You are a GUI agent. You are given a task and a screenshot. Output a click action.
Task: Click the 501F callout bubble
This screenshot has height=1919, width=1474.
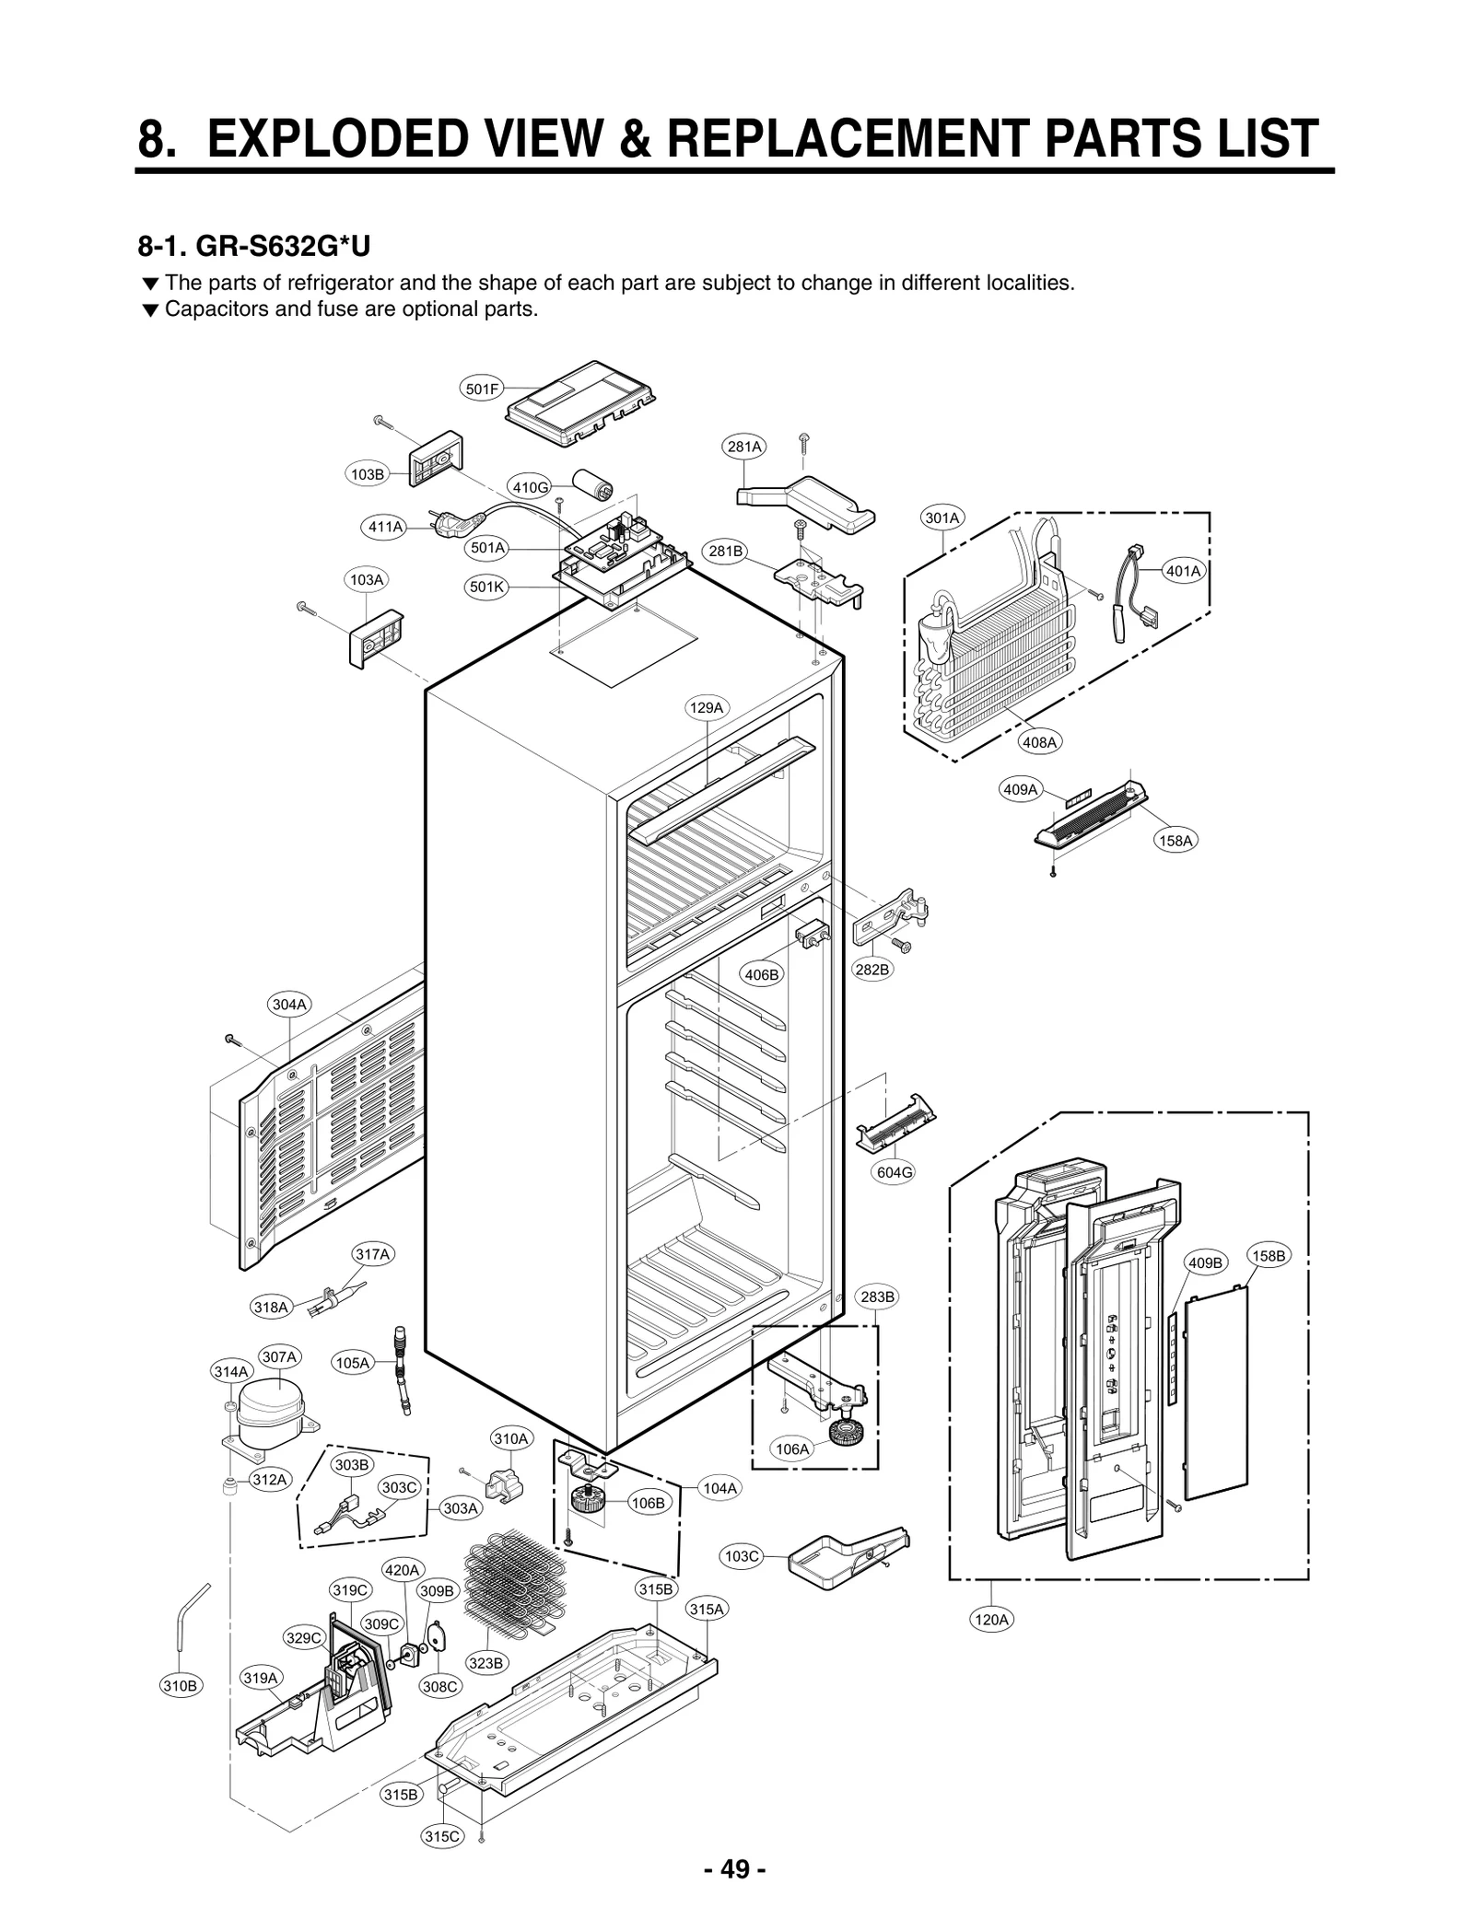(481, 390)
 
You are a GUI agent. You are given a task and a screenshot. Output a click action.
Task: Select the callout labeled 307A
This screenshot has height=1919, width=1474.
(279, 1356)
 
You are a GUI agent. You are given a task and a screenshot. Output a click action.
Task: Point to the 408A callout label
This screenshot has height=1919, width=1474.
(1040, 741)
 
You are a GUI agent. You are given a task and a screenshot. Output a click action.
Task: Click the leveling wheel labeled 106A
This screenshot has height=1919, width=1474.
(844, 1432)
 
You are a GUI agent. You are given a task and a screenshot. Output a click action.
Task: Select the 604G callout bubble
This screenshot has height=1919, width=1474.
(894, 1172)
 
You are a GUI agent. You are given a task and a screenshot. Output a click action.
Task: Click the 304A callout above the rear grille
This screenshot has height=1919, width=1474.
(289, 1005)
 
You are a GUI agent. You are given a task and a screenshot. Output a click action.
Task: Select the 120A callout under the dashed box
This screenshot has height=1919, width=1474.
(991, 1619)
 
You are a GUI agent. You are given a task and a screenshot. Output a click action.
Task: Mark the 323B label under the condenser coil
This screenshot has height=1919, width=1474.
(485, 1662)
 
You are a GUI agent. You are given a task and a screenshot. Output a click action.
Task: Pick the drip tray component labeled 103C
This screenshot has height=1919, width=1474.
(838, 1558)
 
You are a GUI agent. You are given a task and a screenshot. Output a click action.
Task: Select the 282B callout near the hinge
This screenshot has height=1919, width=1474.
(872, 969)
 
